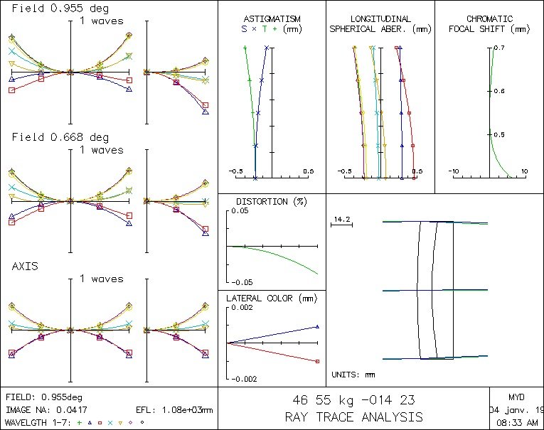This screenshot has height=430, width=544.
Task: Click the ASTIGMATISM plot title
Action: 272,18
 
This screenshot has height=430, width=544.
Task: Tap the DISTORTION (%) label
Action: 262,202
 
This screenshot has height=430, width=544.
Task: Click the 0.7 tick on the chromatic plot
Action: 499,48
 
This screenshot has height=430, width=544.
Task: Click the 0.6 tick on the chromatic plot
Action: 499,91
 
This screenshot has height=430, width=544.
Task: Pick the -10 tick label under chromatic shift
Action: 453,171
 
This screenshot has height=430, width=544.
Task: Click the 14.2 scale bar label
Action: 342,219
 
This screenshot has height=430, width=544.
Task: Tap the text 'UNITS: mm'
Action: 353,375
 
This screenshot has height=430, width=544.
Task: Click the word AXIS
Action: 25,266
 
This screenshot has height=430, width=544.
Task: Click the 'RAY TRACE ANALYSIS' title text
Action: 353,416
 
